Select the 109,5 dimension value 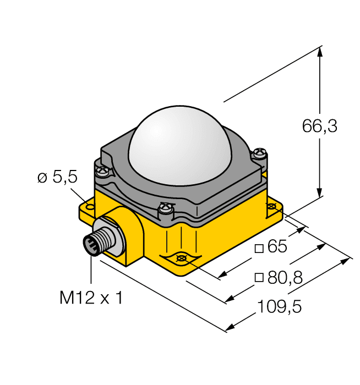[x=279, y=307]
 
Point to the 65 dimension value [x=277, y=247]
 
